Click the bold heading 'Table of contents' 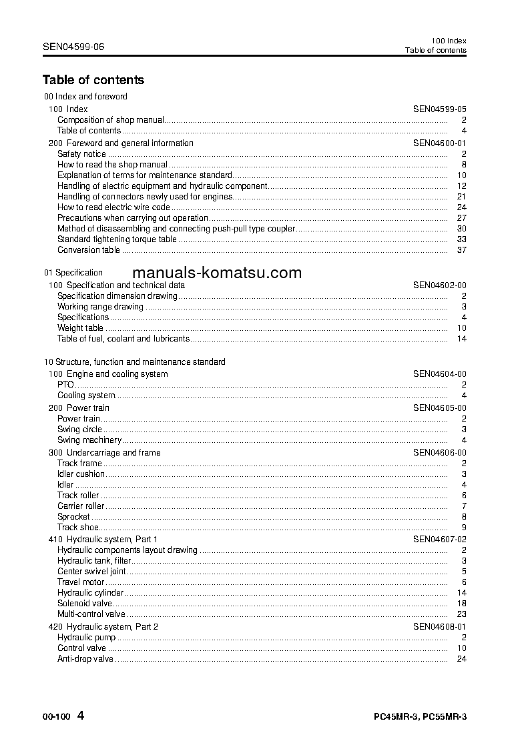tap(93, 80)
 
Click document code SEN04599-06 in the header tap(73, 47)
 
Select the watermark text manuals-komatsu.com tap(217, 273)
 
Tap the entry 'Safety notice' tap(81, 154)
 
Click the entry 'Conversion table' tap(88, 250)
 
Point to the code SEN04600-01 tap(439, 143)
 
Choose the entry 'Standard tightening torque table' tap(117, 239)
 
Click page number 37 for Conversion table tap(461, 250)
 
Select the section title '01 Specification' tap(73, 273)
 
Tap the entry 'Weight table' tap(80, 328)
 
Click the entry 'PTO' tap(65, 385)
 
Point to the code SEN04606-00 tap(439, 453)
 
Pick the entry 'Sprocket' tap(73, 517)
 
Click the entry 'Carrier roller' tap(81, 506)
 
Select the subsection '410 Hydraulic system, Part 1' tap(103, 539)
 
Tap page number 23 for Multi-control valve tap(461, 614)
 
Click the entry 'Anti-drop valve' tap(85, 659)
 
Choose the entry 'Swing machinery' tap(89, 440)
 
